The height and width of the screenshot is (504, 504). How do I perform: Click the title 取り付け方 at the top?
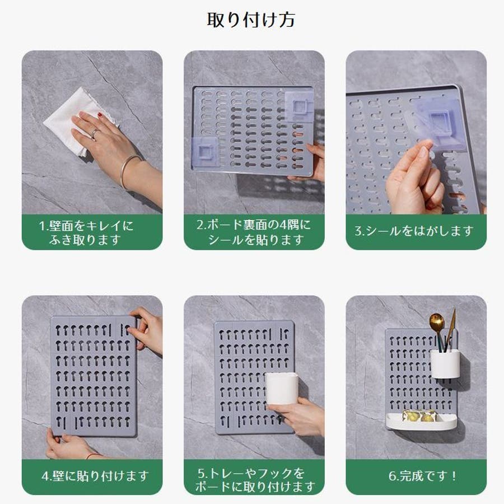(x=251, y=20)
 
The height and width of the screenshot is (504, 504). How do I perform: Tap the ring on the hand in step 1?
(x=95, y=133)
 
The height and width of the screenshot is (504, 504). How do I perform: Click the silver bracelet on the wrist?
(x=129, y=170)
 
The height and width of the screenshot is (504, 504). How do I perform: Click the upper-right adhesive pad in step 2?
(x=299, y=106)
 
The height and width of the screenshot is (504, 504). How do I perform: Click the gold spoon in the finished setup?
(x=438, y=331)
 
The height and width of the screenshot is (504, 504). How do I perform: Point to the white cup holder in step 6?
(x=445, y=363)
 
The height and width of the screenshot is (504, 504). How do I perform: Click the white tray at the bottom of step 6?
(x=421, y=421)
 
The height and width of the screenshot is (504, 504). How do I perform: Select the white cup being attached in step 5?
(x=281, y=388)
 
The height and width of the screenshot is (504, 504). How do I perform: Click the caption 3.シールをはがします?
(x=414, y=231)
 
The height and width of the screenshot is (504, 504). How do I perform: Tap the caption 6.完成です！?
(x=422, y=475)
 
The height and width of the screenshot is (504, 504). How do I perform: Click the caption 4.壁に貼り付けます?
(x=95, y=475)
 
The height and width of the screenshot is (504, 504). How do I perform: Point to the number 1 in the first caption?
(x=43, y=226)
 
